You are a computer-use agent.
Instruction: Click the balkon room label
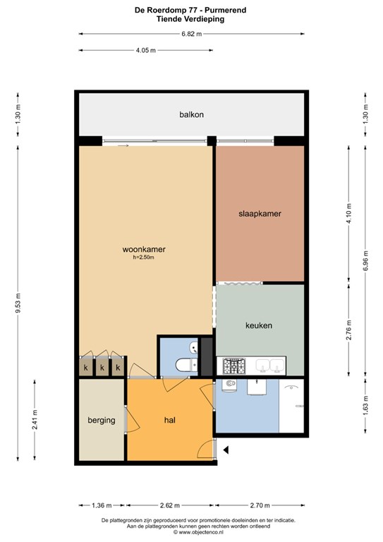191,114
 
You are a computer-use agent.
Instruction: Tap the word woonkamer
144,249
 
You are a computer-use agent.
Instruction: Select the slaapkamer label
260,214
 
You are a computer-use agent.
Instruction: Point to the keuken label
259,325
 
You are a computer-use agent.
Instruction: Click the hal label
169,420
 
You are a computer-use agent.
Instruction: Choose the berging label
101,421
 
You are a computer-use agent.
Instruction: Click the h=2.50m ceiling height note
143,257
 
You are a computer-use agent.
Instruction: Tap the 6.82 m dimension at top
192,34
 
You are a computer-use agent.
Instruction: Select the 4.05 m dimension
146,51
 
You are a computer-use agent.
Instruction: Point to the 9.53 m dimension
18,303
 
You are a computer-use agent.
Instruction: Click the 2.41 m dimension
35,420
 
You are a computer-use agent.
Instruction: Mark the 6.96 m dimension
366,260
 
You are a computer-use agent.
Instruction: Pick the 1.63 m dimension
366,405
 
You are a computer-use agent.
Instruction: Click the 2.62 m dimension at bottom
170,505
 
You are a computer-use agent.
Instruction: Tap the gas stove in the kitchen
233,366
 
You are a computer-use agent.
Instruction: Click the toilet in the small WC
186,364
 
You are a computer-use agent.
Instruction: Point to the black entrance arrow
226,450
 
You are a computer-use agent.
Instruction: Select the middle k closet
102,368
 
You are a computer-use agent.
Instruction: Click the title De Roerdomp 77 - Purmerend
190,10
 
